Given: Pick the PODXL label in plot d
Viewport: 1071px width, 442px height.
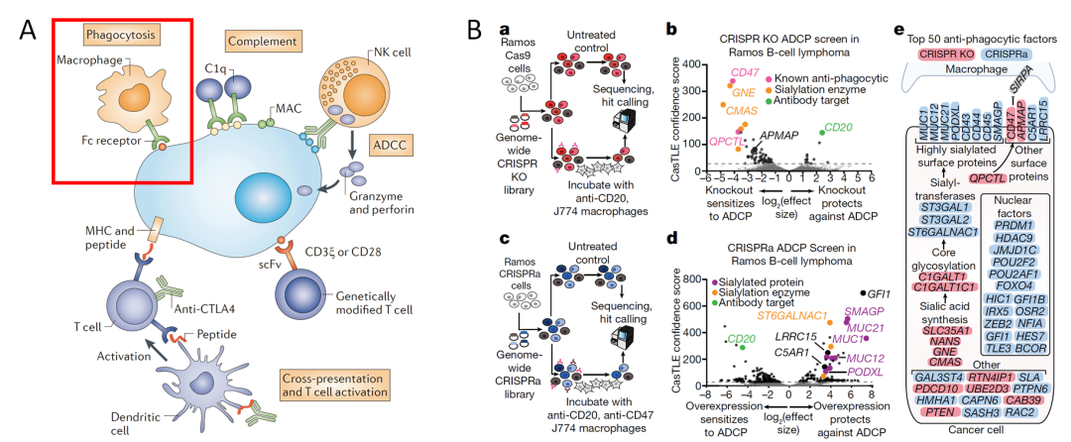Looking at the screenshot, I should [x=860, y=373].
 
